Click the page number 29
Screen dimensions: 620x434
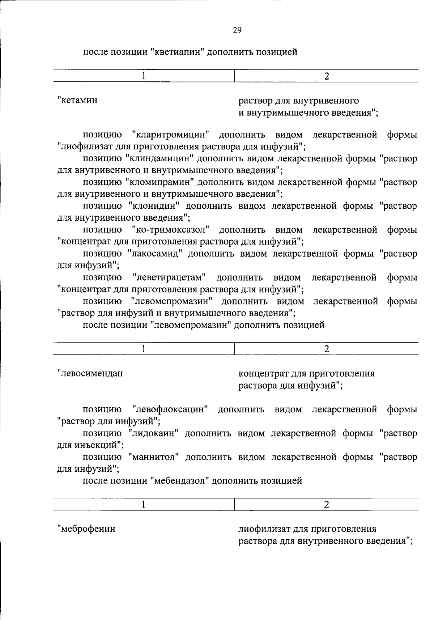[x=237, y=30]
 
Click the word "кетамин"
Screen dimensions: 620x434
[x=79, y=100]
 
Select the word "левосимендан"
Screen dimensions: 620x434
[x=92, y=373]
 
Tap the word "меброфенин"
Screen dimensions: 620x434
[x=88, y=528]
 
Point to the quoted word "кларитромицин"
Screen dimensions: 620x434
[x=171, y=135]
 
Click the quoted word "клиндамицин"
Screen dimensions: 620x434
[x=160, y=158]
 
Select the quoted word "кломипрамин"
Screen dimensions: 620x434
[x=160, y=182]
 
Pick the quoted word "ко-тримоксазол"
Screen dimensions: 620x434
[x=171, y=230]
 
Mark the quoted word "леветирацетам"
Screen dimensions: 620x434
[x=169, y=277]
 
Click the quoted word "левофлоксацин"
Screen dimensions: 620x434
[x=170, y=409]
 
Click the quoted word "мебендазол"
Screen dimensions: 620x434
[x=179, y=481]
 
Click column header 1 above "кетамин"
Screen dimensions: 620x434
[x=144, y=76]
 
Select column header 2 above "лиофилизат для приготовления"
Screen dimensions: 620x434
[x=327, y=505]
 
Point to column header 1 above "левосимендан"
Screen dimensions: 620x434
[x=144, y=349]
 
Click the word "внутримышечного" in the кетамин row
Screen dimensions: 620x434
[x=285, y=112]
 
